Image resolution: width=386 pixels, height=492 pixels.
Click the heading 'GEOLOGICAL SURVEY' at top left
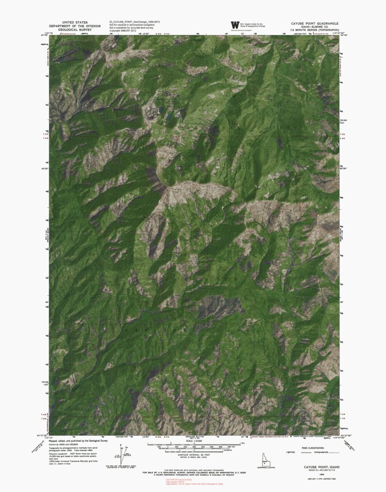(74, 29)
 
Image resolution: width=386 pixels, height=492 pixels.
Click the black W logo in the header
(235, 25)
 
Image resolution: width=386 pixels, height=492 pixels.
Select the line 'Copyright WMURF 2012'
(122, 30)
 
